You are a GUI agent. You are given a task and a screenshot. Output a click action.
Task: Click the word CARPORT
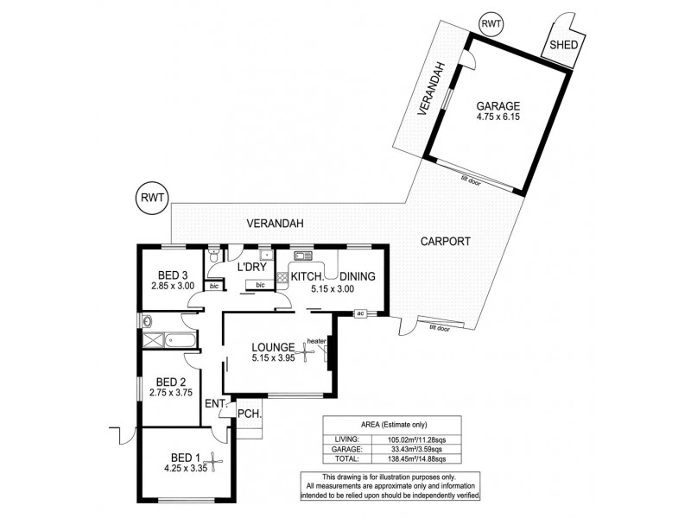446,242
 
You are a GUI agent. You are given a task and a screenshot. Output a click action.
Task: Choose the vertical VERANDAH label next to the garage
439,88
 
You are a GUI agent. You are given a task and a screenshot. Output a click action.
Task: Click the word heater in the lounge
315,341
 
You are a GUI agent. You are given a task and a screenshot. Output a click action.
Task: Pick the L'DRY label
251,267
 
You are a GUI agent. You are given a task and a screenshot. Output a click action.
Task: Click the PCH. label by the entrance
250,414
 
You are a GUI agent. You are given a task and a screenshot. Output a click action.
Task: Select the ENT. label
215,404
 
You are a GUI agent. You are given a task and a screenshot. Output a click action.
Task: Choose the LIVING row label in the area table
347,439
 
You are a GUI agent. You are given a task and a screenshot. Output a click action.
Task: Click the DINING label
357,276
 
